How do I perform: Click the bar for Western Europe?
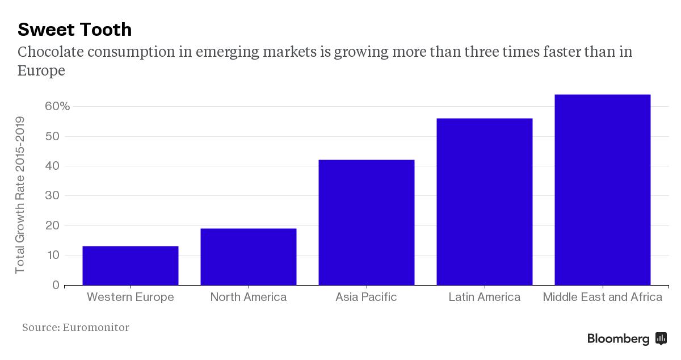point(131,266)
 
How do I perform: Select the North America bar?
point(249,257)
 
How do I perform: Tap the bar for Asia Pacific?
point(367,223)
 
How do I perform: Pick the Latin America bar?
point(485,202)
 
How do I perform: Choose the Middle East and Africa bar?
point(602,190)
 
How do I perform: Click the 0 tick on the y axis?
point(56,285)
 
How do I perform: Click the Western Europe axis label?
point(131,297)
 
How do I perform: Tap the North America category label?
point(249,297)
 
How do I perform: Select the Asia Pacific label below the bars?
point(366,297)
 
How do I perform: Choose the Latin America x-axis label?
point(484,297)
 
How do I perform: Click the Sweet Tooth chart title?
point(75,29)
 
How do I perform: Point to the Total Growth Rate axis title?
point(20,195)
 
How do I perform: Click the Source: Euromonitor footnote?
point(75,328)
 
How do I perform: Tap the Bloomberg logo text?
point(619,339)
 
